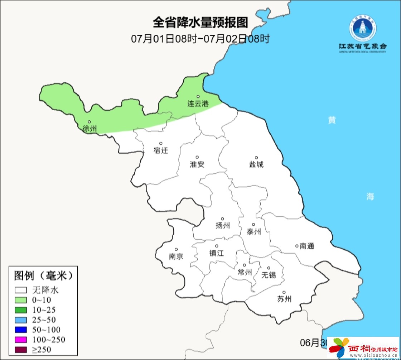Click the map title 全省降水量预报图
click(200, 23)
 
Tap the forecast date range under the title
click(200, 38)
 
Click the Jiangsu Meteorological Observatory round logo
click(362, 29)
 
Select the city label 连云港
click(198, 104)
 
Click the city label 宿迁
click(160, 150)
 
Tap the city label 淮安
click(197, 164)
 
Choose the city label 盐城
click(256, 164)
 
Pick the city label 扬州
click(222, 225)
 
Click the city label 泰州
click(253, 232)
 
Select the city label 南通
click(306, 246)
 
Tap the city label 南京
click(176, 256)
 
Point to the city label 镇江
click(216, 253)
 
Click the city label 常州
click(245, 273)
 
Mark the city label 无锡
click(269, 275)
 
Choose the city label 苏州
click(284, 299)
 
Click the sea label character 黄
click(332, 120)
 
